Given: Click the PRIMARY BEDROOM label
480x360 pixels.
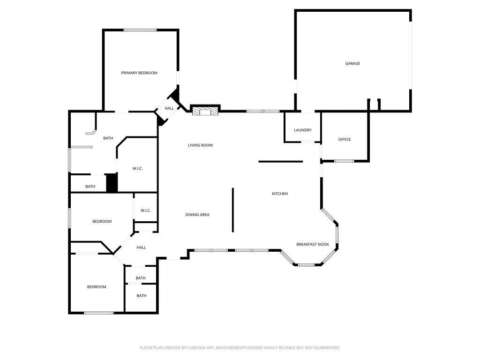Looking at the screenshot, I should click(x=139, y=73).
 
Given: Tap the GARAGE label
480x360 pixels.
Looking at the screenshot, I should click(x=352, y=63).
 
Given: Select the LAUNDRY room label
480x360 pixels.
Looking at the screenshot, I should click(x=302, y=130).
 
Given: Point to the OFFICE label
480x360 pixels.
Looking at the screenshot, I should click(x=345, y=139).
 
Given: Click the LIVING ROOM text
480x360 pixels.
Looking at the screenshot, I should click(x=200, y=145).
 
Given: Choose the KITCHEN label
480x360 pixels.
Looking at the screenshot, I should click(x=280, y=194).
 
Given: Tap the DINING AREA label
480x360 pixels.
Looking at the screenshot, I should click(x=197, y=215).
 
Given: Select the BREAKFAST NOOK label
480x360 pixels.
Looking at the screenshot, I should click(x=313, y=244).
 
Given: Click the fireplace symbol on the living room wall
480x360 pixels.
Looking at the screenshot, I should click(x=205, y=111).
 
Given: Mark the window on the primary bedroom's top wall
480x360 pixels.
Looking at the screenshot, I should click(x=140, y=30).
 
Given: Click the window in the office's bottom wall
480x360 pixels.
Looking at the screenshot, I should click(x=344, y=161).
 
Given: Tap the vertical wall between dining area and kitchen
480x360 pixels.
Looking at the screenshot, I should click(x=232, y=210).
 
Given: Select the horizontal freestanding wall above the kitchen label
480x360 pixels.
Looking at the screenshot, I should click(x=280, y=162).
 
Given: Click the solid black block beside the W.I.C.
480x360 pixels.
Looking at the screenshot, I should click(x=112, y=183).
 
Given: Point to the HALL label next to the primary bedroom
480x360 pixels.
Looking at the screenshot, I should click(x=169, y=108).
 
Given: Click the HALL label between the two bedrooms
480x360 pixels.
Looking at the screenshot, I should click(x=141, y=247).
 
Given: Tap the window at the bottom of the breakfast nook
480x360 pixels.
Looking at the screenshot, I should click(x=307, y=265).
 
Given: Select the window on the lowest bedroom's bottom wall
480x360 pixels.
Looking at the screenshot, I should click(x=98, y=313).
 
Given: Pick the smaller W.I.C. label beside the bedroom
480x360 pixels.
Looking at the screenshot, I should click(x=146, y=210).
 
